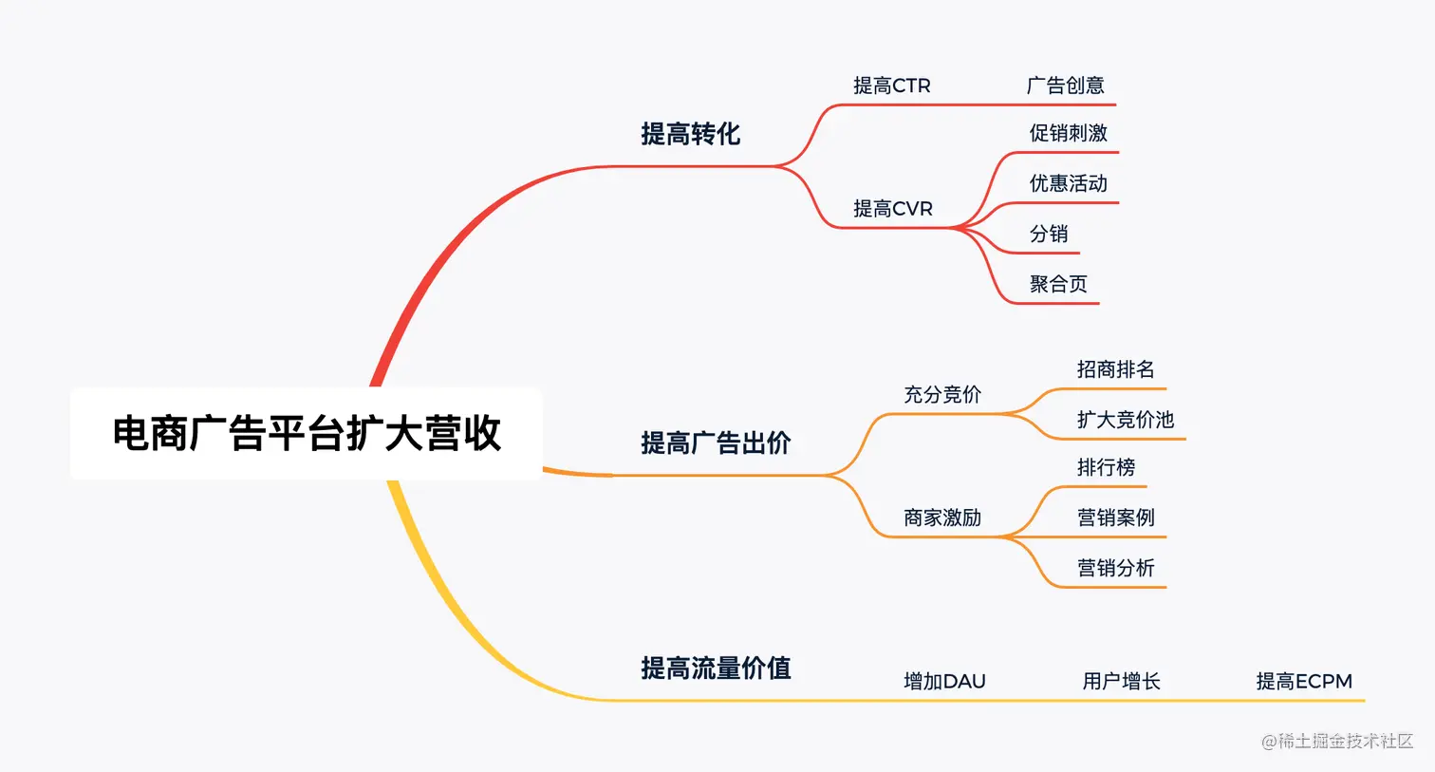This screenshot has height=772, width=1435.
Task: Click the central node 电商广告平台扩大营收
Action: [307, 433]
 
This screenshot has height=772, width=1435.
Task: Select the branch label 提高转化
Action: [690, 134]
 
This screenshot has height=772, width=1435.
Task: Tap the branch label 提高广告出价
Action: [716, 442]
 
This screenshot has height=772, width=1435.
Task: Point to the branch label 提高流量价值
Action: [716, 668]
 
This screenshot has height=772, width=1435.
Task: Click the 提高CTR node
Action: [891, 85]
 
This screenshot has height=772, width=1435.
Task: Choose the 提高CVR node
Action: [892, 208]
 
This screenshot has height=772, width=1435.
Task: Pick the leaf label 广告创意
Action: [1065, 85]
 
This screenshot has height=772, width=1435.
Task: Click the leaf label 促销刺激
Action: [1068, 133]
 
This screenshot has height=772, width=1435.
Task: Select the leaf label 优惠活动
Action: [1068, 183]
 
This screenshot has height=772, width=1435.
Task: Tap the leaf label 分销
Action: [1049, 234]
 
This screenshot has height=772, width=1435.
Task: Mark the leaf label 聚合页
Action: [1058, 284]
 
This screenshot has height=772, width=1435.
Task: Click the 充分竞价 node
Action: [941, 394]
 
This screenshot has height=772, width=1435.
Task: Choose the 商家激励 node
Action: [941, 518]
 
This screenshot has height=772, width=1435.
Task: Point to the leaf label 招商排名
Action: [1115, 369]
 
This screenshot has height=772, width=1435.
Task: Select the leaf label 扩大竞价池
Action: [1125, 420]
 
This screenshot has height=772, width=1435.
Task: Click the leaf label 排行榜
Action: [1106, 467]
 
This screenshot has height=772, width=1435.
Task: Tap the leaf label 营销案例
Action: [1115, 518]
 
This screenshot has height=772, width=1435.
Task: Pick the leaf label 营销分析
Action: [1115, 568]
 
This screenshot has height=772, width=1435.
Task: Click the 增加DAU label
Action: [944, 681]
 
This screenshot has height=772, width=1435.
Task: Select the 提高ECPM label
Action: [1303, 681]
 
